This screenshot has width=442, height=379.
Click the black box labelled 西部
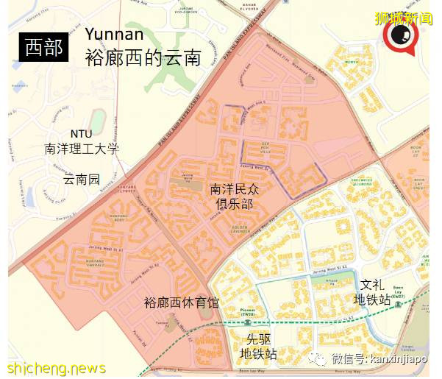[43, 47]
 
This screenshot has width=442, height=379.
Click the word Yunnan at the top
[120, 34]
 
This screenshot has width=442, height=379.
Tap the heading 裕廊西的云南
[143, 57]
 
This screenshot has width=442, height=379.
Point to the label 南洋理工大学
[81, 149]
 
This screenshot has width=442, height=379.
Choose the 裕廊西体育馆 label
[182, 302]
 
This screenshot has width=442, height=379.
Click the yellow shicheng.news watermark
[57, 368]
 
